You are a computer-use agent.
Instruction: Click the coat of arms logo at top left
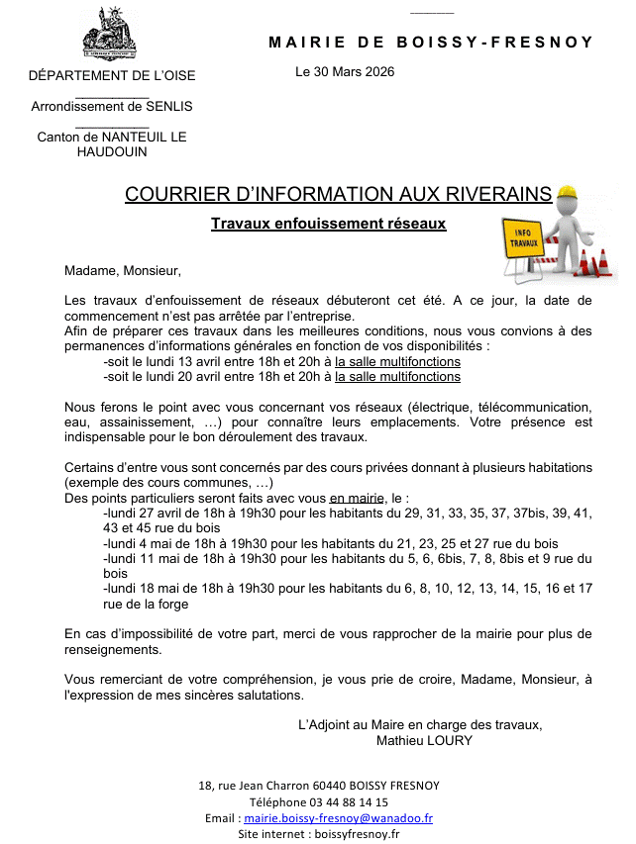[x=110, y=34]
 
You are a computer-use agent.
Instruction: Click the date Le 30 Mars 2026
[x=345, y=72]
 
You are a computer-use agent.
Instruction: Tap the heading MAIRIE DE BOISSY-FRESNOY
[x=431, y=43]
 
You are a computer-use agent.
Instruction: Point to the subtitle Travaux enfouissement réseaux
[x=328, y=224]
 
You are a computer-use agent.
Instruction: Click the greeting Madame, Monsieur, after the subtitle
[x=123, y=269]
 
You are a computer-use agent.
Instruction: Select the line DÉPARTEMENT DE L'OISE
[x=112, y=75]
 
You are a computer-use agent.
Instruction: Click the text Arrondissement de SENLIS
[x=112, y=106]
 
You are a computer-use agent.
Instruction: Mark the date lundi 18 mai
[x=146, y=588]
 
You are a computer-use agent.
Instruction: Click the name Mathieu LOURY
[x=424, y=740]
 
